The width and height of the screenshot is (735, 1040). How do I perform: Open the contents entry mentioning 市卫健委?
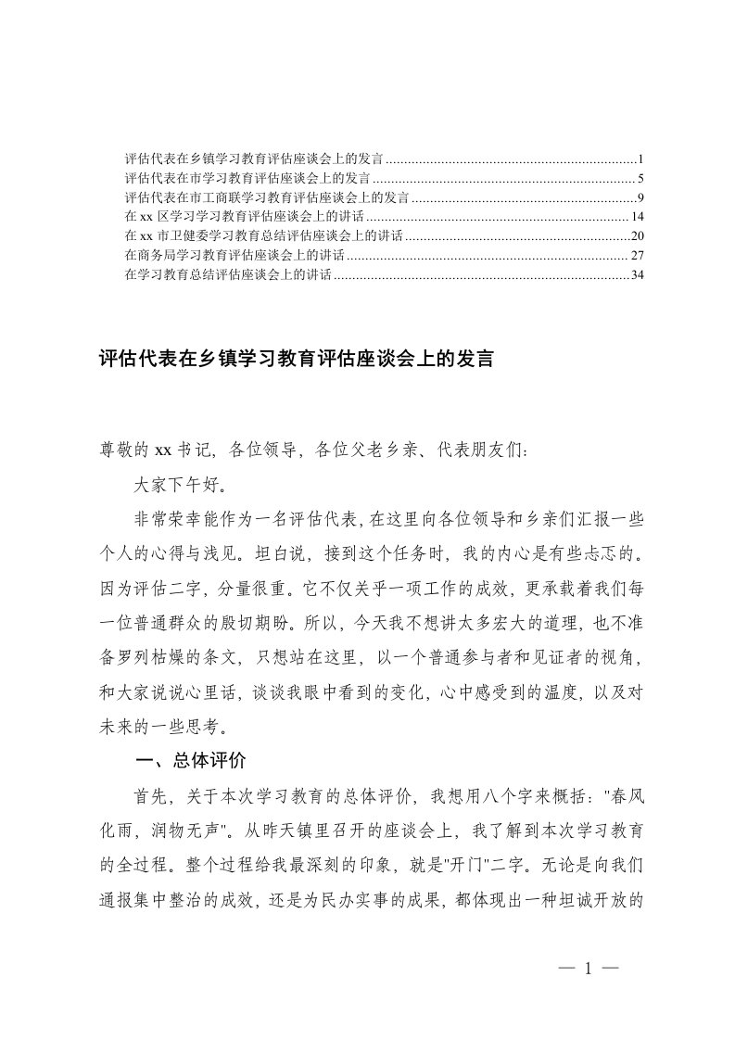pyautogui.click(x=263, y=236)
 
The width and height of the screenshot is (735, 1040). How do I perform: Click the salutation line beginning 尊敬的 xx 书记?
pyautogui.click(x=315, y=451)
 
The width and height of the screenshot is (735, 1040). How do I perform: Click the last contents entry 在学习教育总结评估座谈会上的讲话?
pyautogui.click(x=227, y=275)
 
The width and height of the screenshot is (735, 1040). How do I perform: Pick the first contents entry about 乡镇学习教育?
pyautogui.click(x=254, y=158)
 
